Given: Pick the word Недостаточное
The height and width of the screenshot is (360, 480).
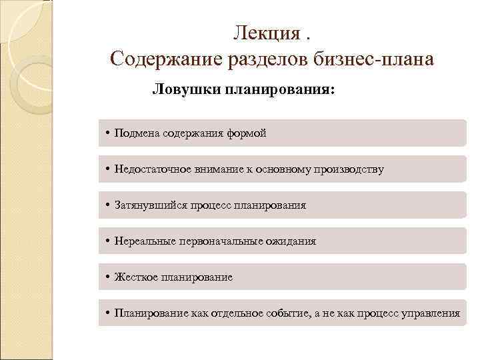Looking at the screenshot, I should point(150,169).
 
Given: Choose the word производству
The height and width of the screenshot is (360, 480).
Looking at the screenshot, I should point(350,169).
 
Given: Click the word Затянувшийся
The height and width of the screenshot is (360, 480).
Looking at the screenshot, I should point(147,205).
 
